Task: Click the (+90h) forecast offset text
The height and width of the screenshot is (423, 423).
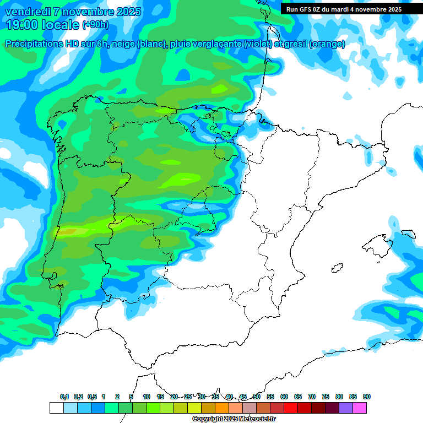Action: click(x=95, y=25)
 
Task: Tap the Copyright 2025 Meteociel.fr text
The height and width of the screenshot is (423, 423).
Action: click(x=234, y=419)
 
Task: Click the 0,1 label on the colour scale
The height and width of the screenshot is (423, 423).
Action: click(x=64, y=397)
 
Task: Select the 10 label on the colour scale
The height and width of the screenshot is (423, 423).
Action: click(x=147, y=397)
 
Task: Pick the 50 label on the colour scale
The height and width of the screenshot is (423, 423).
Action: click(x=257, y=397)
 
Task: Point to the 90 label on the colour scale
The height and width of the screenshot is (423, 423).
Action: click(x=367, y=397)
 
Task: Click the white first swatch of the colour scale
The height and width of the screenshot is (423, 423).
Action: click(x=56, y=408)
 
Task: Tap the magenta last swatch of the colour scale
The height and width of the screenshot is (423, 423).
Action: click(x=360, y=408)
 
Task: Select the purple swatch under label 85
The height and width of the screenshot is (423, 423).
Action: click(x=346, y=408)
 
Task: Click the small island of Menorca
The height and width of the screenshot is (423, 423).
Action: click(x=408, y=234)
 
